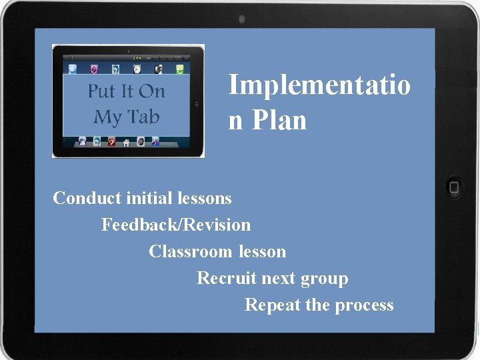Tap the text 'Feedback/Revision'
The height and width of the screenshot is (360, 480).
point(176,225)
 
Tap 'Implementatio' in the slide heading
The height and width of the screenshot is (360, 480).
point(319,85)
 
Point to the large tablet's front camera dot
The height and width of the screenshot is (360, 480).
point(241,19)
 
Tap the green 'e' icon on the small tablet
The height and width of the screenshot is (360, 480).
point(179,69)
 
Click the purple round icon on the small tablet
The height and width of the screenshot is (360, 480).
point(94,69)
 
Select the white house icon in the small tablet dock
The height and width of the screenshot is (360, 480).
point(125,141)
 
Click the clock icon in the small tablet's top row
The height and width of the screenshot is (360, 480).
point(137,69)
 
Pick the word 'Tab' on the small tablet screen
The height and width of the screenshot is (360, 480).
point(143,117)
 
